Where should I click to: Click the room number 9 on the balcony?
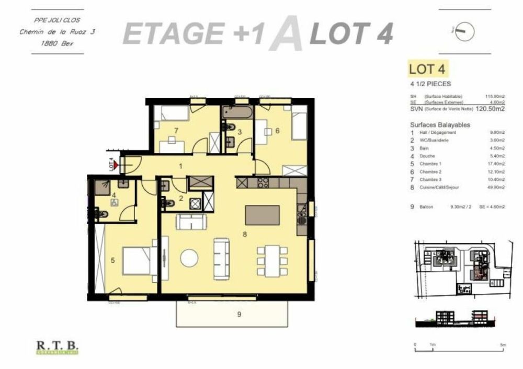(239, 314)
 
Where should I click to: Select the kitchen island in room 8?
(262, 214)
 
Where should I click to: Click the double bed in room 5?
(137, 260)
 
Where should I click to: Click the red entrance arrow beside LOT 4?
(116, 165)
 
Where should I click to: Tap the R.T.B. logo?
(58, 346)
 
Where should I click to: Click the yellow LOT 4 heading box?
(428, 69)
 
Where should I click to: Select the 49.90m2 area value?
(495, 186)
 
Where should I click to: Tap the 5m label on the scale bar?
(503, 345)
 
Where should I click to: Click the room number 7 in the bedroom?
(177, 130)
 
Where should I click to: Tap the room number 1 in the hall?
(180, 166)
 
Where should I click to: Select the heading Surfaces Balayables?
(440, 125)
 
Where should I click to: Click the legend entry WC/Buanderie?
(440, 140)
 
